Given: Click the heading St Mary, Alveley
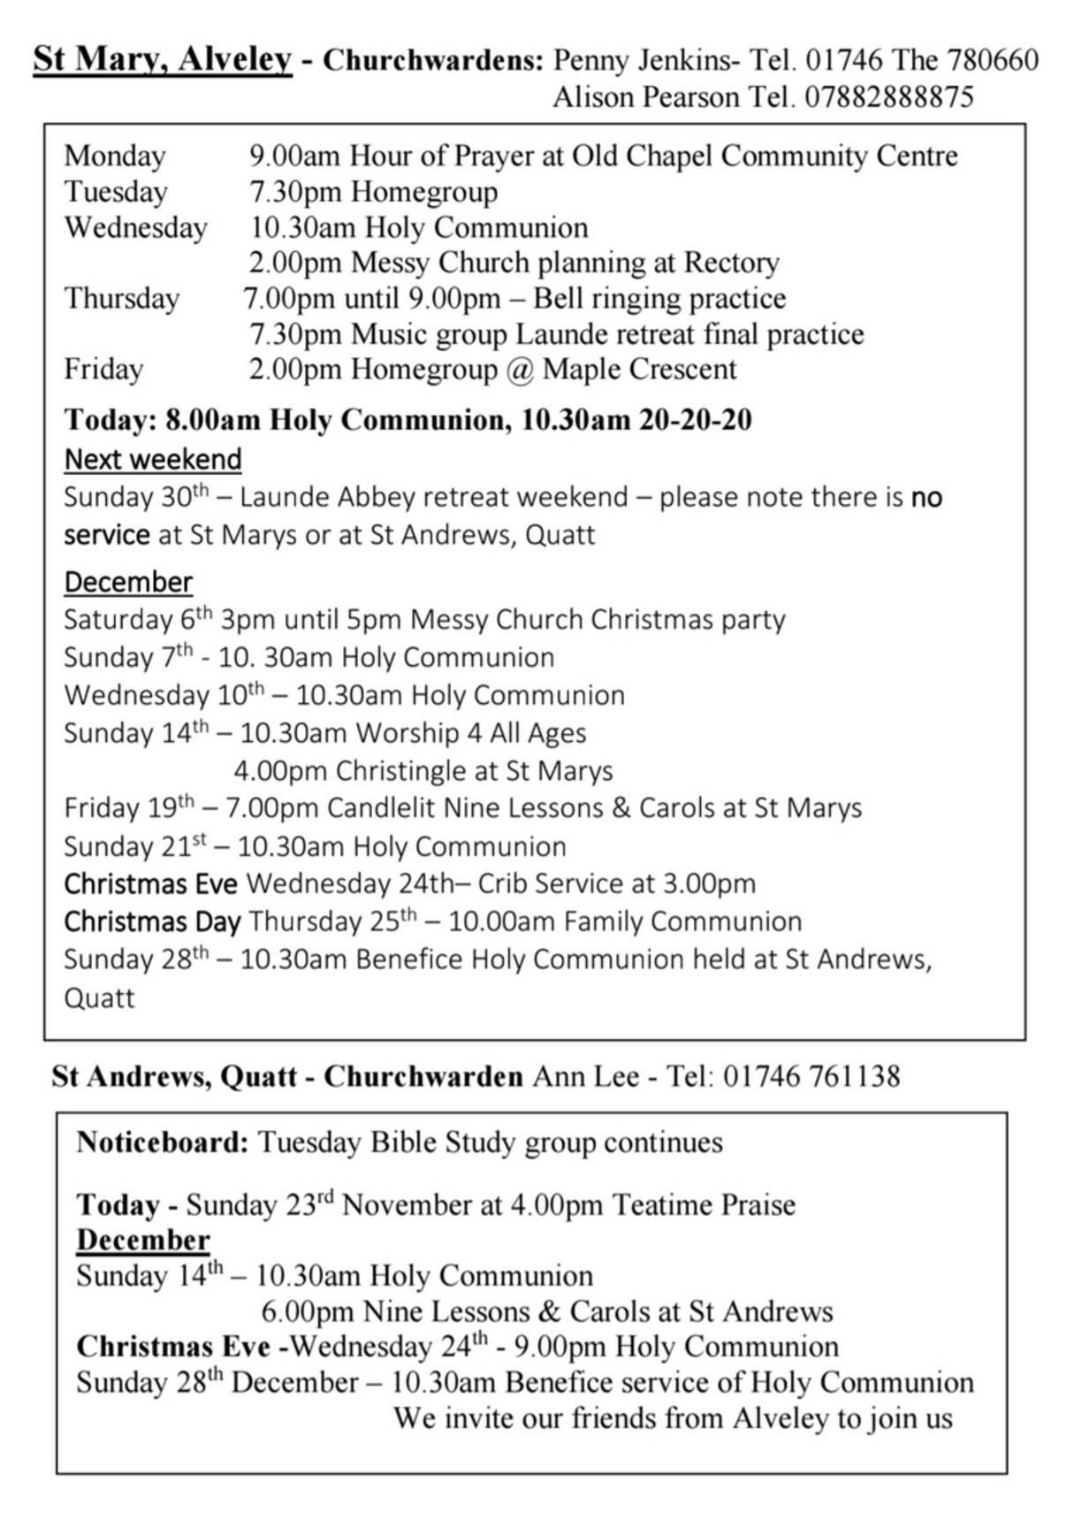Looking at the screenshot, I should pyautogui.click(x=163, y=60).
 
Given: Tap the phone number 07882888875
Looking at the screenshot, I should pyautogui.click(x=888, y=96).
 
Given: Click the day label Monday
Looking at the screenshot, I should pyautogui.click(x=115, y=156).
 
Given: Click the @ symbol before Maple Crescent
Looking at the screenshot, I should pyautogui.click(x=520, y=369).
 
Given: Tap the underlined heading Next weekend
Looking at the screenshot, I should pyautogui.click(x=153, y=460).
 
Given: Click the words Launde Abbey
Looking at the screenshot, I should pyautogui.click(x=327, y=497).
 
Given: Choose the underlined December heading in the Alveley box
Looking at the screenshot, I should pyautogui.click(x=128, y=582).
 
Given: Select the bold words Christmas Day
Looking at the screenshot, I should pyautogui.click(x=152, y=921).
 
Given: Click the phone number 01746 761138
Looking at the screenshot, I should pyautogui.click(x=811, y=1076).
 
